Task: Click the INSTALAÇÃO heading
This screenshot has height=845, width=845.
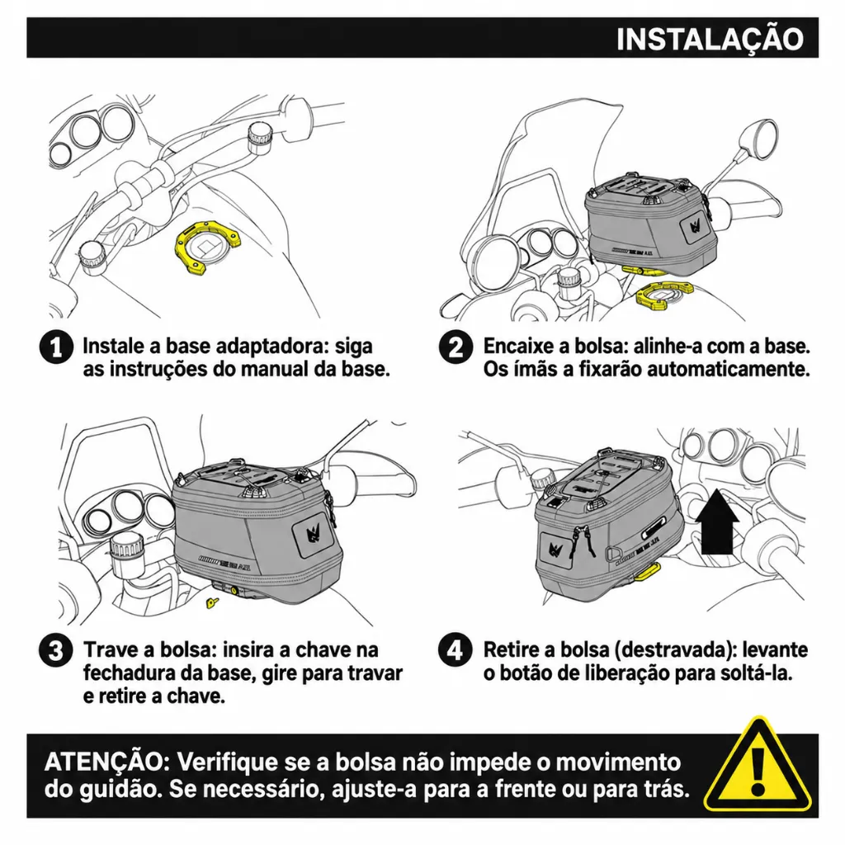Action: pos(710,39)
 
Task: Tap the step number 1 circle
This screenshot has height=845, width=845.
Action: pos(56,347)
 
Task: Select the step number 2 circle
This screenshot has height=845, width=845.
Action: pos(456,347)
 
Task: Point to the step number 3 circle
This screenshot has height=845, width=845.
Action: pos(56,650)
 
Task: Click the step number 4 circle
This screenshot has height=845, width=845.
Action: pos(456,650)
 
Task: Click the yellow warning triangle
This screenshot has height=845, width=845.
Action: pos(758,764)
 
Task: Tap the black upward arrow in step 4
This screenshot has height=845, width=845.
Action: pos(717,522)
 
